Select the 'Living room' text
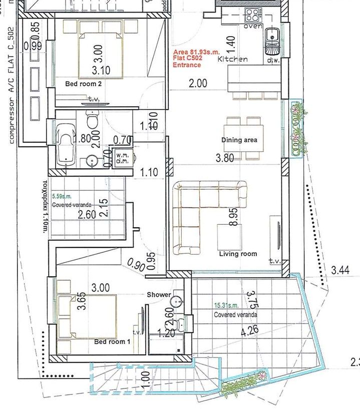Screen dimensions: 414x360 coord(238,254)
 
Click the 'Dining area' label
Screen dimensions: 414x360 coord(239,140)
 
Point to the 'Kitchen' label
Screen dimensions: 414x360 coord(232,59)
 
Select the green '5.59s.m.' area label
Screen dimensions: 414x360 coord(63,197)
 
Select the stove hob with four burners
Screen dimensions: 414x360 coord(250,13)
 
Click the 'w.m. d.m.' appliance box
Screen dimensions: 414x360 coord(123,158)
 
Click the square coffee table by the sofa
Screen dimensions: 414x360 coord(229,235)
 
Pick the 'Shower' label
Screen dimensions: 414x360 coord(159,294)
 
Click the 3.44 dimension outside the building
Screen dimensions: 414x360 coord(340,271)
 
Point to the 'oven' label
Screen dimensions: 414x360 coord(252,26)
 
